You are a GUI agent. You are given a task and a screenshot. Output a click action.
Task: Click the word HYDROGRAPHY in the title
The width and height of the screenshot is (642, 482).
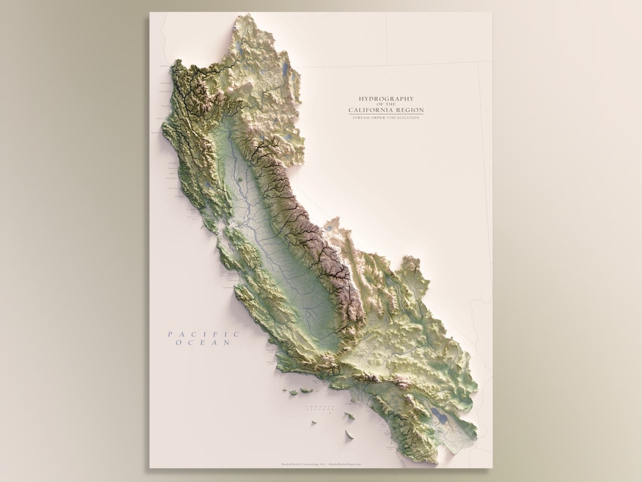coord(386,99)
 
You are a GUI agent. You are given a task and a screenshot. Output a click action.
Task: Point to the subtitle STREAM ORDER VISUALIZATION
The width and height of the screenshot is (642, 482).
coord(386,118)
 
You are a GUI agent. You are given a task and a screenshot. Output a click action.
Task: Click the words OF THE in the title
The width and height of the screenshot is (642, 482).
coord(386,105)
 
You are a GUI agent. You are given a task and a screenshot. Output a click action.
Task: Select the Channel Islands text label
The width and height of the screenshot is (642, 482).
coord(320,408)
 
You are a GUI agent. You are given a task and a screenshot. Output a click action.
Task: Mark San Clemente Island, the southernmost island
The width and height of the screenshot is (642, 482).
coord(349,435)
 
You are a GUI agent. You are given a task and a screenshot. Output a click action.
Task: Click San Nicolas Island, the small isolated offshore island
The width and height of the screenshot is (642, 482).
coord(314,423)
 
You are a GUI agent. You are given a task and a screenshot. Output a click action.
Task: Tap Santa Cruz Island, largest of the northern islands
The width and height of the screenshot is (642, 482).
coord(307,391)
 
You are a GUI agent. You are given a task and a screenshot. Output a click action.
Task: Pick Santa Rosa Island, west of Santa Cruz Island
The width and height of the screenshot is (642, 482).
coord(294,393)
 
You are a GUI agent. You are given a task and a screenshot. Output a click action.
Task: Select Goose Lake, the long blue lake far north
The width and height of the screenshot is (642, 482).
coord(287,70)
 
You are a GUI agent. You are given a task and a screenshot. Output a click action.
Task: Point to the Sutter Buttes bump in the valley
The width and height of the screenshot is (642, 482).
coord(239,177)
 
